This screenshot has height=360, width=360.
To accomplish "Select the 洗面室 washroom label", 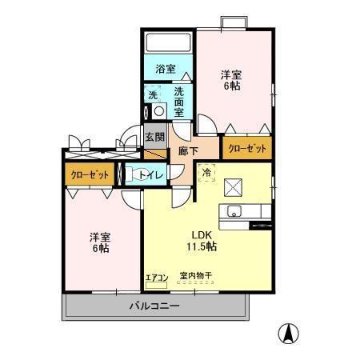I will [x=180, y=102].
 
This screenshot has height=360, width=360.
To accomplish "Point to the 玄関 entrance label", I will [x=154, y=138].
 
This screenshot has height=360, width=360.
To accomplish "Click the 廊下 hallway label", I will [x=188, y=150].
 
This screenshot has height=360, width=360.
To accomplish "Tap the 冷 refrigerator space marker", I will [x=206, y=171].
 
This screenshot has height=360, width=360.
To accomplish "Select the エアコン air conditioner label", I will [x=155, y=278].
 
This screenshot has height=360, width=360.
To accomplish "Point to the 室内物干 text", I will [x=196, y=276].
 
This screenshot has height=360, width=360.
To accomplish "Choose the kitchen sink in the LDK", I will [x=235, y=212].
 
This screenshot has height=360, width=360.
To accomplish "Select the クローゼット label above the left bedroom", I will [x=89, y=174].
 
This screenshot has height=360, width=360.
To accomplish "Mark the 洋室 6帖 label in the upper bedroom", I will [x=233, y=80].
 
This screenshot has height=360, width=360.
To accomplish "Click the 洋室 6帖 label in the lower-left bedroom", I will [x=100, y=242].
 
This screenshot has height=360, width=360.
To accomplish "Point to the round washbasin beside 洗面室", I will [x=158, y=111].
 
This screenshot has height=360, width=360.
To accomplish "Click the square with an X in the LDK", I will [x=234, y=186].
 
